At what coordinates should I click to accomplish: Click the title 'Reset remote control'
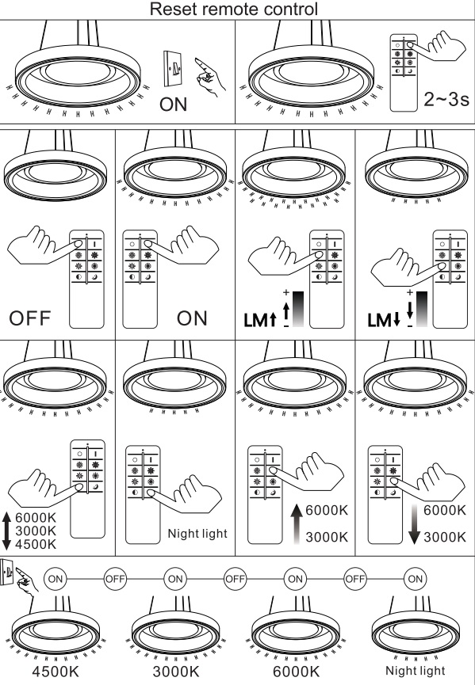pos(234,10)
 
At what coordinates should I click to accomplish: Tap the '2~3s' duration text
pos(446,100)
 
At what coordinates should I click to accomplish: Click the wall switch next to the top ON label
pos(172,69)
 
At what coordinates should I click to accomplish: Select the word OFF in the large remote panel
pos(30,318)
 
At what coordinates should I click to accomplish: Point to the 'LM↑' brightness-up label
pos(260,320)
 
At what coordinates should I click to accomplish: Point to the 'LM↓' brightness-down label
pos(384,320)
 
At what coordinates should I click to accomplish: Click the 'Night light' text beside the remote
pos(197,534)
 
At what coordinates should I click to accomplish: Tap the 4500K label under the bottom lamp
pos(56,672)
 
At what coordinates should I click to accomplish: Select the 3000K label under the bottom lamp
pos(176,672)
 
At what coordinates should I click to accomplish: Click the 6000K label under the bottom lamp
pos(296,672)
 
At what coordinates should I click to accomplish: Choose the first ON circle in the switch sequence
pos(55,579)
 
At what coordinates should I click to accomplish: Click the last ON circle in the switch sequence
pos(415,579)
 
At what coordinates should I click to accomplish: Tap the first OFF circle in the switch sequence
pos(115,579)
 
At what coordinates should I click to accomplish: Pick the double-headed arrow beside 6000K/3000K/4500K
pos(6,531)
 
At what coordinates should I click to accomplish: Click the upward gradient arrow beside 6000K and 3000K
pos(297,523)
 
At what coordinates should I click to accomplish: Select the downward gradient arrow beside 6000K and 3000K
pos(415,523)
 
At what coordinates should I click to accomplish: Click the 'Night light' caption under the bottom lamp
pos(415,670)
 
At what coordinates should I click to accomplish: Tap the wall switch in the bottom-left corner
pos(6,572)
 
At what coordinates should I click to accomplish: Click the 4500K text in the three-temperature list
pos(36,544)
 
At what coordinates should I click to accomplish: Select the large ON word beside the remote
pos(192,318)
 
